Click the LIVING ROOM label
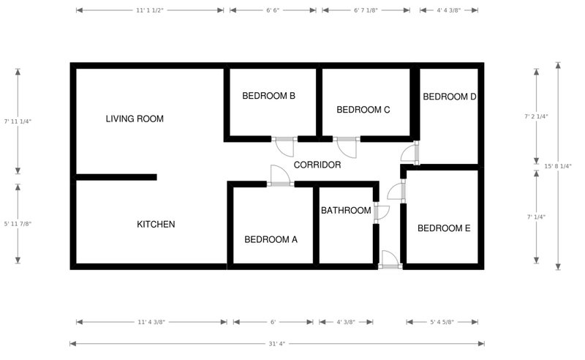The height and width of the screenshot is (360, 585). (135, 119)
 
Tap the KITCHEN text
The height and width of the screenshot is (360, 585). (156, 224)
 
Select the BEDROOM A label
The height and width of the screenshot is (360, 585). (271, 239)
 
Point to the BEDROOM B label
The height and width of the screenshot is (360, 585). (268, 96)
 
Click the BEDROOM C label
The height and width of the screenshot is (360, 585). (363, 110)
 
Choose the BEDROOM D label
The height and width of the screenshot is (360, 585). (450, 97)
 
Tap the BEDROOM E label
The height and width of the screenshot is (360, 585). (443, 228)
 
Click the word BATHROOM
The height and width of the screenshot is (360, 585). (346, 211)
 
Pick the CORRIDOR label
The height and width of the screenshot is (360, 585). (317, 165)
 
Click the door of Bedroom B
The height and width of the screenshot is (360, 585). (284, 146)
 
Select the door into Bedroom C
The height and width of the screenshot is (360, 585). (345, 146)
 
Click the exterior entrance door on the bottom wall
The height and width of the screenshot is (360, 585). (390, 260)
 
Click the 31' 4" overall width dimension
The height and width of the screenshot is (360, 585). (276, 343)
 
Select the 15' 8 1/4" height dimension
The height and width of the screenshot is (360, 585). (558, 166)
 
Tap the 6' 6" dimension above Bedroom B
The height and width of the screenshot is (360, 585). (273, 11)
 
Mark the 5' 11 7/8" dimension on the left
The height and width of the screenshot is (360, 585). (18, 223)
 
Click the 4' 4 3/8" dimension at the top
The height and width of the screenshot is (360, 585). (448, 11)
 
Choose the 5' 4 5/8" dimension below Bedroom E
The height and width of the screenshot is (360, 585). (442, 322)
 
